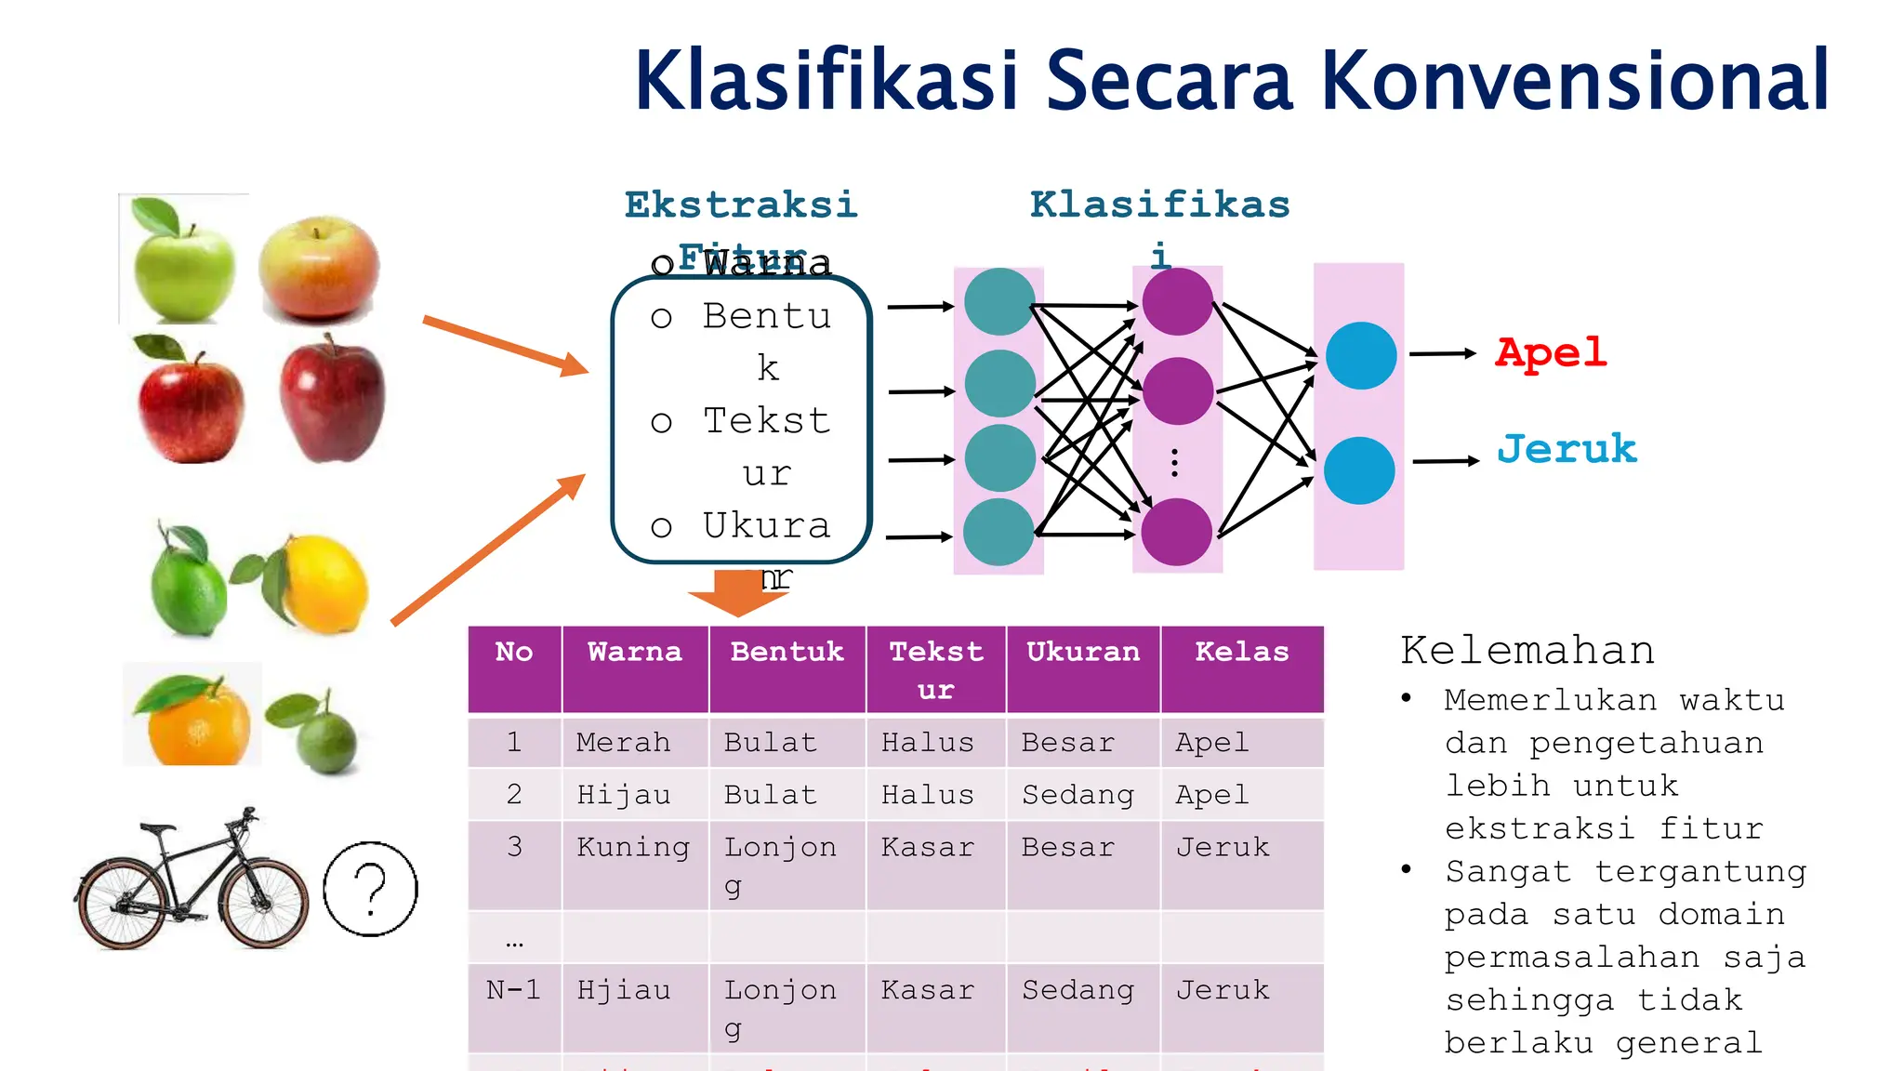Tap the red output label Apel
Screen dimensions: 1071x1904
pyautogui.click(x=1550, y=353)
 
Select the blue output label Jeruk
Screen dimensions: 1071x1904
pyautogui.click(x=1567, y=450)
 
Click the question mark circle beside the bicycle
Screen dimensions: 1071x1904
pyautogui.click(x=370, y=889)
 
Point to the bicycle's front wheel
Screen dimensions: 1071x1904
pyautogui.click(x=264, y=904)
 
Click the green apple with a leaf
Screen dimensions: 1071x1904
pyautogui.click(x=183, y=262)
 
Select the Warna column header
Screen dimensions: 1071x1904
pyautogui.click(x=635, y=652)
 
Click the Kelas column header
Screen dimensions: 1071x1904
pyautogui.click(x=1241, y=652)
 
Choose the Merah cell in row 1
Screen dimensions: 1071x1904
pyautogui.click(x=623, y=742)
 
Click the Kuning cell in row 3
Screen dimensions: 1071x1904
pyautogui.click(x=633, y=847)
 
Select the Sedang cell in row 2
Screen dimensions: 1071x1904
pyautogui.click(x=1078, y=795)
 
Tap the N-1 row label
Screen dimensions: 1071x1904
pyautogui.click(x=513, y=989)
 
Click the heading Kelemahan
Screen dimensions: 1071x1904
pyautogui.click(x=1527, y=650)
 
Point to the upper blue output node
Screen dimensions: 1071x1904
pyautogui.click(x=1360, y=355)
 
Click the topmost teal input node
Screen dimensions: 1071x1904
pyautogui.click(x=999, y=302)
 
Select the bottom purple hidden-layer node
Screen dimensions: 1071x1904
pyautogui.click(x=1176, y=532)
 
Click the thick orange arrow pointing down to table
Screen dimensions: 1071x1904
pyautogui.click(x=738, y=593)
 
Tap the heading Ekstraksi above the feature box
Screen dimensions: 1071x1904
pyautogui.click(x=740, y=205)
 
